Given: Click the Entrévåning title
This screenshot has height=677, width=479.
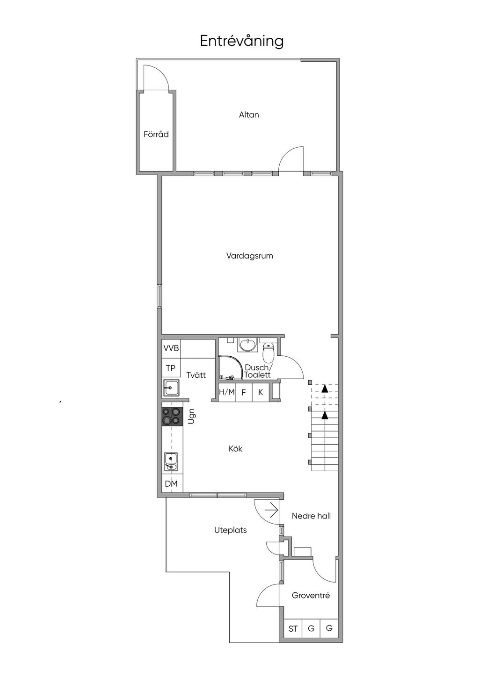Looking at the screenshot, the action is (x=242, y=41).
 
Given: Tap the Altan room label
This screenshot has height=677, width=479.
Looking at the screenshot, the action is (x=249, y=115).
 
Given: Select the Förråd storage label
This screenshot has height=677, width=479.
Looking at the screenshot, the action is (x=156, y=134).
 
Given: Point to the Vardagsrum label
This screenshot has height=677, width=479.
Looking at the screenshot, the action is (x=249, y=256).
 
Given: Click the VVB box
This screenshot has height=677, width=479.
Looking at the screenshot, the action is (x=171, y=348).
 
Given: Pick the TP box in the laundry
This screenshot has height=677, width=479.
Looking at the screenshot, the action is (x=171, y=368).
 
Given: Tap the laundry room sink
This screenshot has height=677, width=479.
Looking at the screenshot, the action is (x=171, y=388).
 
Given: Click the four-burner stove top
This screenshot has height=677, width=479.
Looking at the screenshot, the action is (x=172, y=417).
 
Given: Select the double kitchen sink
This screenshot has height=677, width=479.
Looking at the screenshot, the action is (x=171, y=462).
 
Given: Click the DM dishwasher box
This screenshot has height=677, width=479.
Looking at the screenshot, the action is (x=171, y=483).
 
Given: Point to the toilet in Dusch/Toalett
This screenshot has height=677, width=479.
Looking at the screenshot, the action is (x=268, y=353).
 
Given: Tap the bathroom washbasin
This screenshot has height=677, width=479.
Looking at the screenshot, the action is (x=248, y=345).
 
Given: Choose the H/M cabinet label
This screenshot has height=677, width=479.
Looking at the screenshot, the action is (x=227, y=392).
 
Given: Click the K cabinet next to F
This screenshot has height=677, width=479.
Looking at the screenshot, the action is (x=261, y=392).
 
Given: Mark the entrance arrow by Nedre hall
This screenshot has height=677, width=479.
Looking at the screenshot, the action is (x=271, y=510).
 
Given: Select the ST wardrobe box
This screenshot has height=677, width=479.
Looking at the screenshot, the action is (x=293, y=629).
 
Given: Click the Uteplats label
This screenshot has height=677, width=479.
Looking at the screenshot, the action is (x=231, y=530).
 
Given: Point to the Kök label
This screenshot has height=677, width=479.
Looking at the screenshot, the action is (x=235, y=448).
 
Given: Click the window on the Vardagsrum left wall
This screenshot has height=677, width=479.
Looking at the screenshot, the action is (x=160, y=296).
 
